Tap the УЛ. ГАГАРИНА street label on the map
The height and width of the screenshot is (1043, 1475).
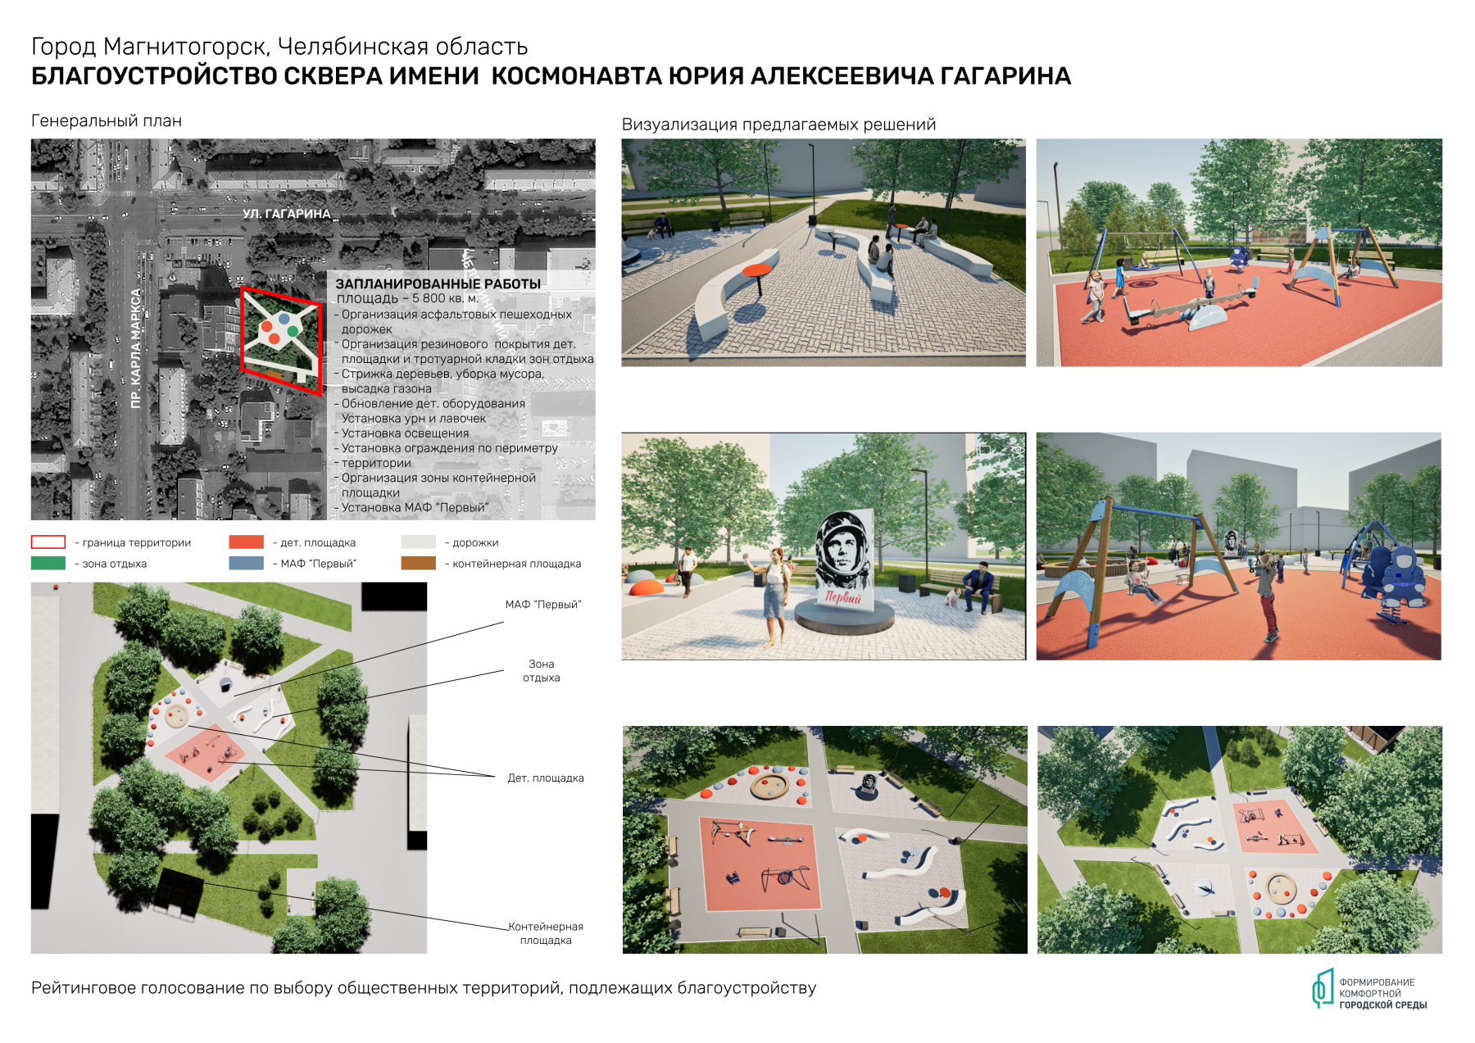pyautogui.click(x=286, y=214)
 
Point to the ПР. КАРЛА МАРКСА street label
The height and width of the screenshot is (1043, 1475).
pyautogui.click(x=136, y=347)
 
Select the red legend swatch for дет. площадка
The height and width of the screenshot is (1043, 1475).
pyautogui.click(x=247, y=542)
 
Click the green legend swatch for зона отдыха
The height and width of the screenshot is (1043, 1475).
pyautogui.click(x=48, y=564)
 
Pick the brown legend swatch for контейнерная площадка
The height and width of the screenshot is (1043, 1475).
pyautogui.click(x=418, y=564)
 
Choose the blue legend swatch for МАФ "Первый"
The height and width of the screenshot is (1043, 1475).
pyautogui.click(x=247, y=564)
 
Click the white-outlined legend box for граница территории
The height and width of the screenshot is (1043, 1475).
pyautogui.click(x=48, y=542)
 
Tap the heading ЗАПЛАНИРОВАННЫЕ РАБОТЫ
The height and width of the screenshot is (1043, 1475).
pyautogui.click(x=438, y=283)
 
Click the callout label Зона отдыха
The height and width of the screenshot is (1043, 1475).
pyautogui.click(x=541, y=671)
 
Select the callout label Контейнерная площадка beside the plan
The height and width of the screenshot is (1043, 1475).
pyautogui.click(x=546, y=933)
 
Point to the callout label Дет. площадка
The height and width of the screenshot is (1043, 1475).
pyautogui.click(x=545, y=778)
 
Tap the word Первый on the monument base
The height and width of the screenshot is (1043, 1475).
pyautogui.click(x=843, y=597)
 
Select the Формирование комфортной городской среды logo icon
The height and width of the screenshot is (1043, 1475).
pyautogui.click(x=1322, y=988)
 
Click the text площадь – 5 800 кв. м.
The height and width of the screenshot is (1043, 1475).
pyautogui.click(x=407, y=298)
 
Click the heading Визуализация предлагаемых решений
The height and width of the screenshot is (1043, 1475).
pyautogui.click(x=778, y=125)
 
